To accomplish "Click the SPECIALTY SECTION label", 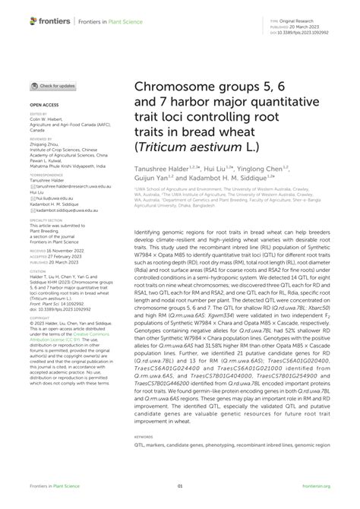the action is coord(46,220).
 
